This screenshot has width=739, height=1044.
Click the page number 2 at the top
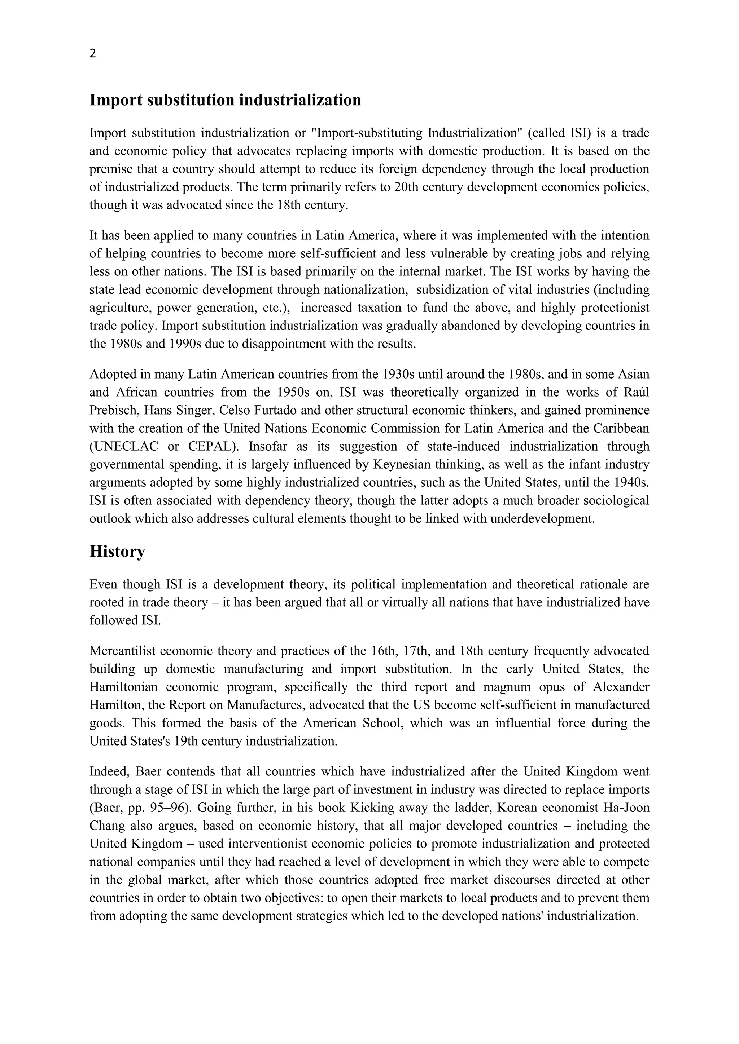click(93, 54)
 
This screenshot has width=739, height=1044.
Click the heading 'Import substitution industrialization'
click(225, 100)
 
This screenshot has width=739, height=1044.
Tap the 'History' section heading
click(117, 551)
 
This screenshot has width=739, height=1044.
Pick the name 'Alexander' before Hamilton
click(621, 687)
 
